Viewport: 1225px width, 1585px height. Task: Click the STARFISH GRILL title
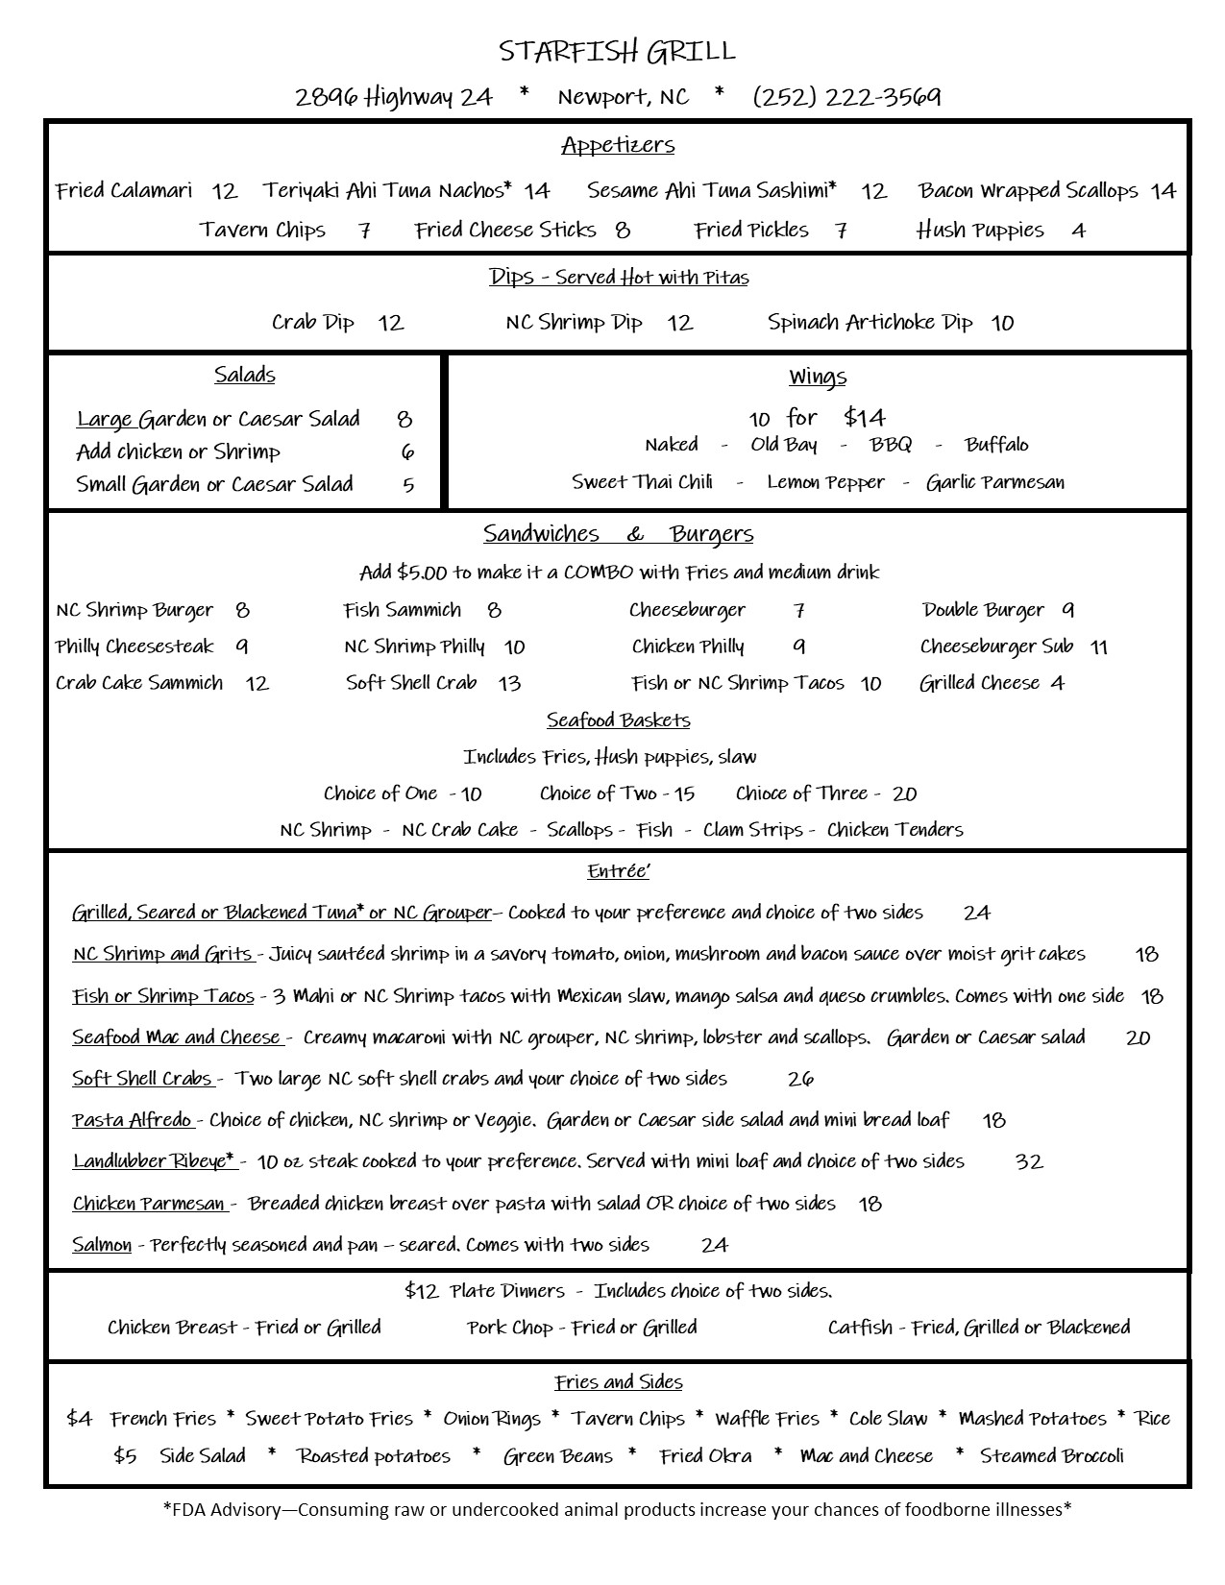click(x=618, y=51)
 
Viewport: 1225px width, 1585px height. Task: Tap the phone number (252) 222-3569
click(x=846, y=97)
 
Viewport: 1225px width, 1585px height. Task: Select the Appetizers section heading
click(x=618, y=146)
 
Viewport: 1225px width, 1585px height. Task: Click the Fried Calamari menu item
click(x=124, y=190)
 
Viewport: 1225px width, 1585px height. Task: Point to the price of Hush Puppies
click(x=1079, y=232)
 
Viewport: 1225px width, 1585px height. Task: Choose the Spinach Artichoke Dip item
click(x=870, y=323)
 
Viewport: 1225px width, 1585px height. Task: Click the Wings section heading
click(x=818, y=377)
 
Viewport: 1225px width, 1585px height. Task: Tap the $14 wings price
click(x=865, y=418)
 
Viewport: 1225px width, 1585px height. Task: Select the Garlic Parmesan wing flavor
click(x=995, y=482)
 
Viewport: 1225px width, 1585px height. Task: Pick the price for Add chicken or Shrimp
click(x=407, y=452)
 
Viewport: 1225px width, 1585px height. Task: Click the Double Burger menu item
click(x=983, y=610)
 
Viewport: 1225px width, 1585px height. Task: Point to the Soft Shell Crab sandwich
click(x=411, y=683)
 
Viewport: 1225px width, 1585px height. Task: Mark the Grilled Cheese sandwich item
click(x=979, y=683)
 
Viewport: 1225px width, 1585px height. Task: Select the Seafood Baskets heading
click(x=618, y=720)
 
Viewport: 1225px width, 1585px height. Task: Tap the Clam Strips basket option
click(x=752, y=830)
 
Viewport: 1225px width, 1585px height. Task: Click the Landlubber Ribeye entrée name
click(x=154, y=1161)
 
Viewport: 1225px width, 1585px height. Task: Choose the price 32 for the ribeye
click(x=1028, y=1162)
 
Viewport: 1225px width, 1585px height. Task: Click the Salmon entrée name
click(x=102, y=1245)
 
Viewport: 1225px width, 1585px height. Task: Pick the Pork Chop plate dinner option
click(x=582, y=1328)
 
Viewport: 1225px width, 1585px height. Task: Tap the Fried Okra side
click(x=705, y=1456)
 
